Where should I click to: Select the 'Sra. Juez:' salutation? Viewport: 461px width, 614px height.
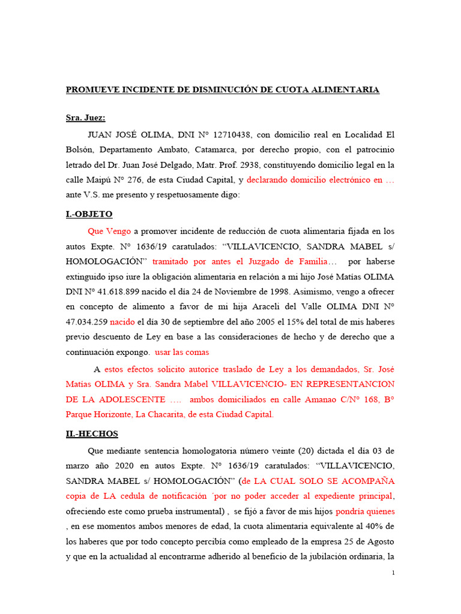tap(85, 118)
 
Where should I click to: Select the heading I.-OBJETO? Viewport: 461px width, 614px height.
tap(89, 214)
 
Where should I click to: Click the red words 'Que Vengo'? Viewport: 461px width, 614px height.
tap(109, 231)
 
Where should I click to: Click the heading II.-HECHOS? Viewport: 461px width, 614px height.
tap(92, 434)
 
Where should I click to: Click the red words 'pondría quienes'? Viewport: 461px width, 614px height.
tap(365, 511)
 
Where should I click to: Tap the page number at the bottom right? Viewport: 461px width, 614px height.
tap(393, 573)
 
